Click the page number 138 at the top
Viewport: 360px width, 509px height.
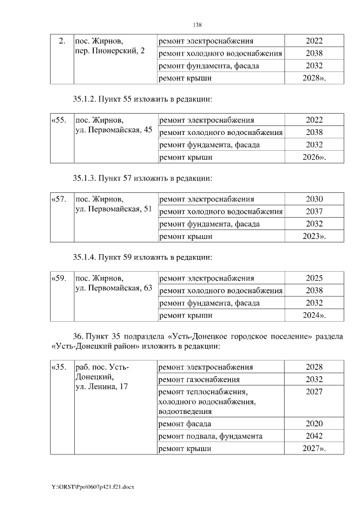(x=197, y=25)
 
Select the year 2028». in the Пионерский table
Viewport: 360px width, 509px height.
(x=314, y=79)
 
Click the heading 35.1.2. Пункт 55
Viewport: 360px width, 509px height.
(x=143, y=99)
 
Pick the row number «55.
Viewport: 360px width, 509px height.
(x=59, y=120)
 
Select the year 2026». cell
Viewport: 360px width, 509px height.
(x=314, y=158)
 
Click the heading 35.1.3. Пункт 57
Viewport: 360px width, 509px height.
(x=143, y=178)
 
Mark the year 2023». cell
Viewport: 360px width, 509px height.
(x=314, y=237)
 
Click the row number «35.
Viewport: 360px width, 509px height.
(x=59, y=368)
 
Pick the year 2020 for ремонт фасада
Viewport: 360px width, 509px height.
(x=314, y=424)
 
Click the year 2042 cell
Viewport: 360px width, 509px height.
(x=314, y=436)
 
